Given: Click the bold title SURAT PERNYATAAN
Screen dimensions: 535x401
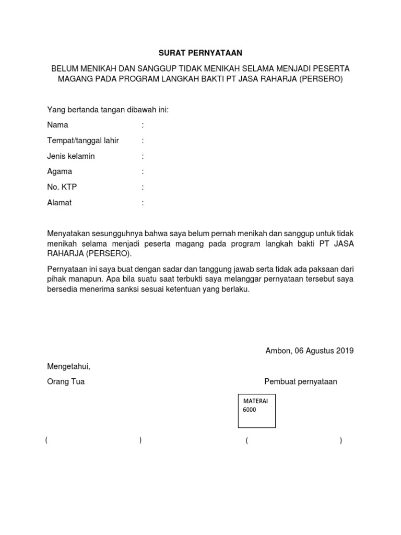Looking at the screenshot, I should point(200,53).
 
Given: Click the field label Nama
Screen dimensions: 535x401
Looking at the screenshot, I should point(57,125).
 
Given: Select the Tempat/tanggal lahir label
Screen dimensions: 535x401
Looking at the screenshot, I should point(83,141).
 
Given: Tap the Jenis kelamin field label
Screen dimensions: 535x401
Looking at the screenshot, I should point(71,156).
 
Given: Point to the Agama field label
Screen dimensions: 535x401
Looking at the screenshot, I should point(60,171).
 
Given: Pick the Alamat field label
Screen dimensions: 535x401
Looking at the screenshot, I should point(60,203).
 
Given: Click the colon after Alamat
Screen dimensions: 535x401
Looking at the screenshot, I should point(143,203).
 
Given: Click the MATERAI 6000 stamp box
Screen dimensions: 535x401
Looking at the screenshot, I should point(256,411).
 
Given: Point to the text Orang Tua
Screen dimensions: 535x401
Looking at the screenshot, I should point(66,381).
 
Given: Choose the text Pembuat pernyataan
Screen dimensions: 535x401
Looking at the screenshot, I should point(301,381).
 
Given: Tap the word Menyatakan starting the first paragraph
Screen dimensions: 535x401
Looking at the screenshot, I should point(68,234).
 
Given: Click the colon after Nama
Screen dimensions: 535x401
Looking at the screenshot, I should point(143,125).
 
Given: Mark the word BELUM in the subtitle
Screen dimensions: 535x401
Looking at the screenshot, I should point(64,68).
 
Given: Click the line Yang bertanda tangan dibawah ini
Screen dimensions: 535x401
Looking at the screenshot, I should point(108,110).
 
